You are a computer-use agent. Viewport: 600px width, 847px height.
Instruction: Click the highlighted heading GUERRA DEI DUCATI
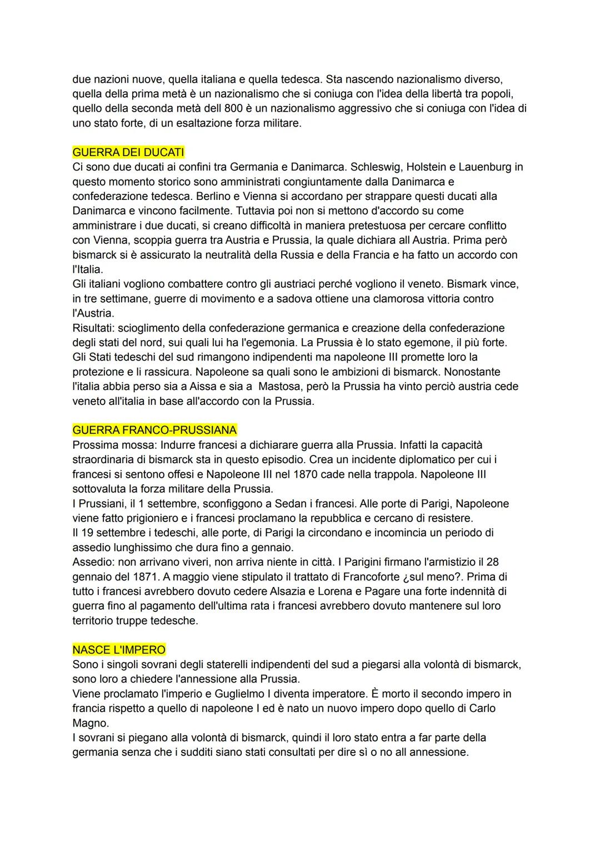(128, 152)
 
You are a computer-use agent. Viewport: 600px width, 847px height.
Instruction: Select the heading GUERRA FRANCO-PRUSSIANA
(154, 430)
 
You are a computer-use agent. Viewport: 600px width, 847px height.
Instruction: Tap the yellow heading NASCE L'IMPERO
(119, 650)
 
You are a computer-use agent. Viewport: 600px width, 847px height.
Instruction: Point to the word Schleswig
(376, 167)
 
